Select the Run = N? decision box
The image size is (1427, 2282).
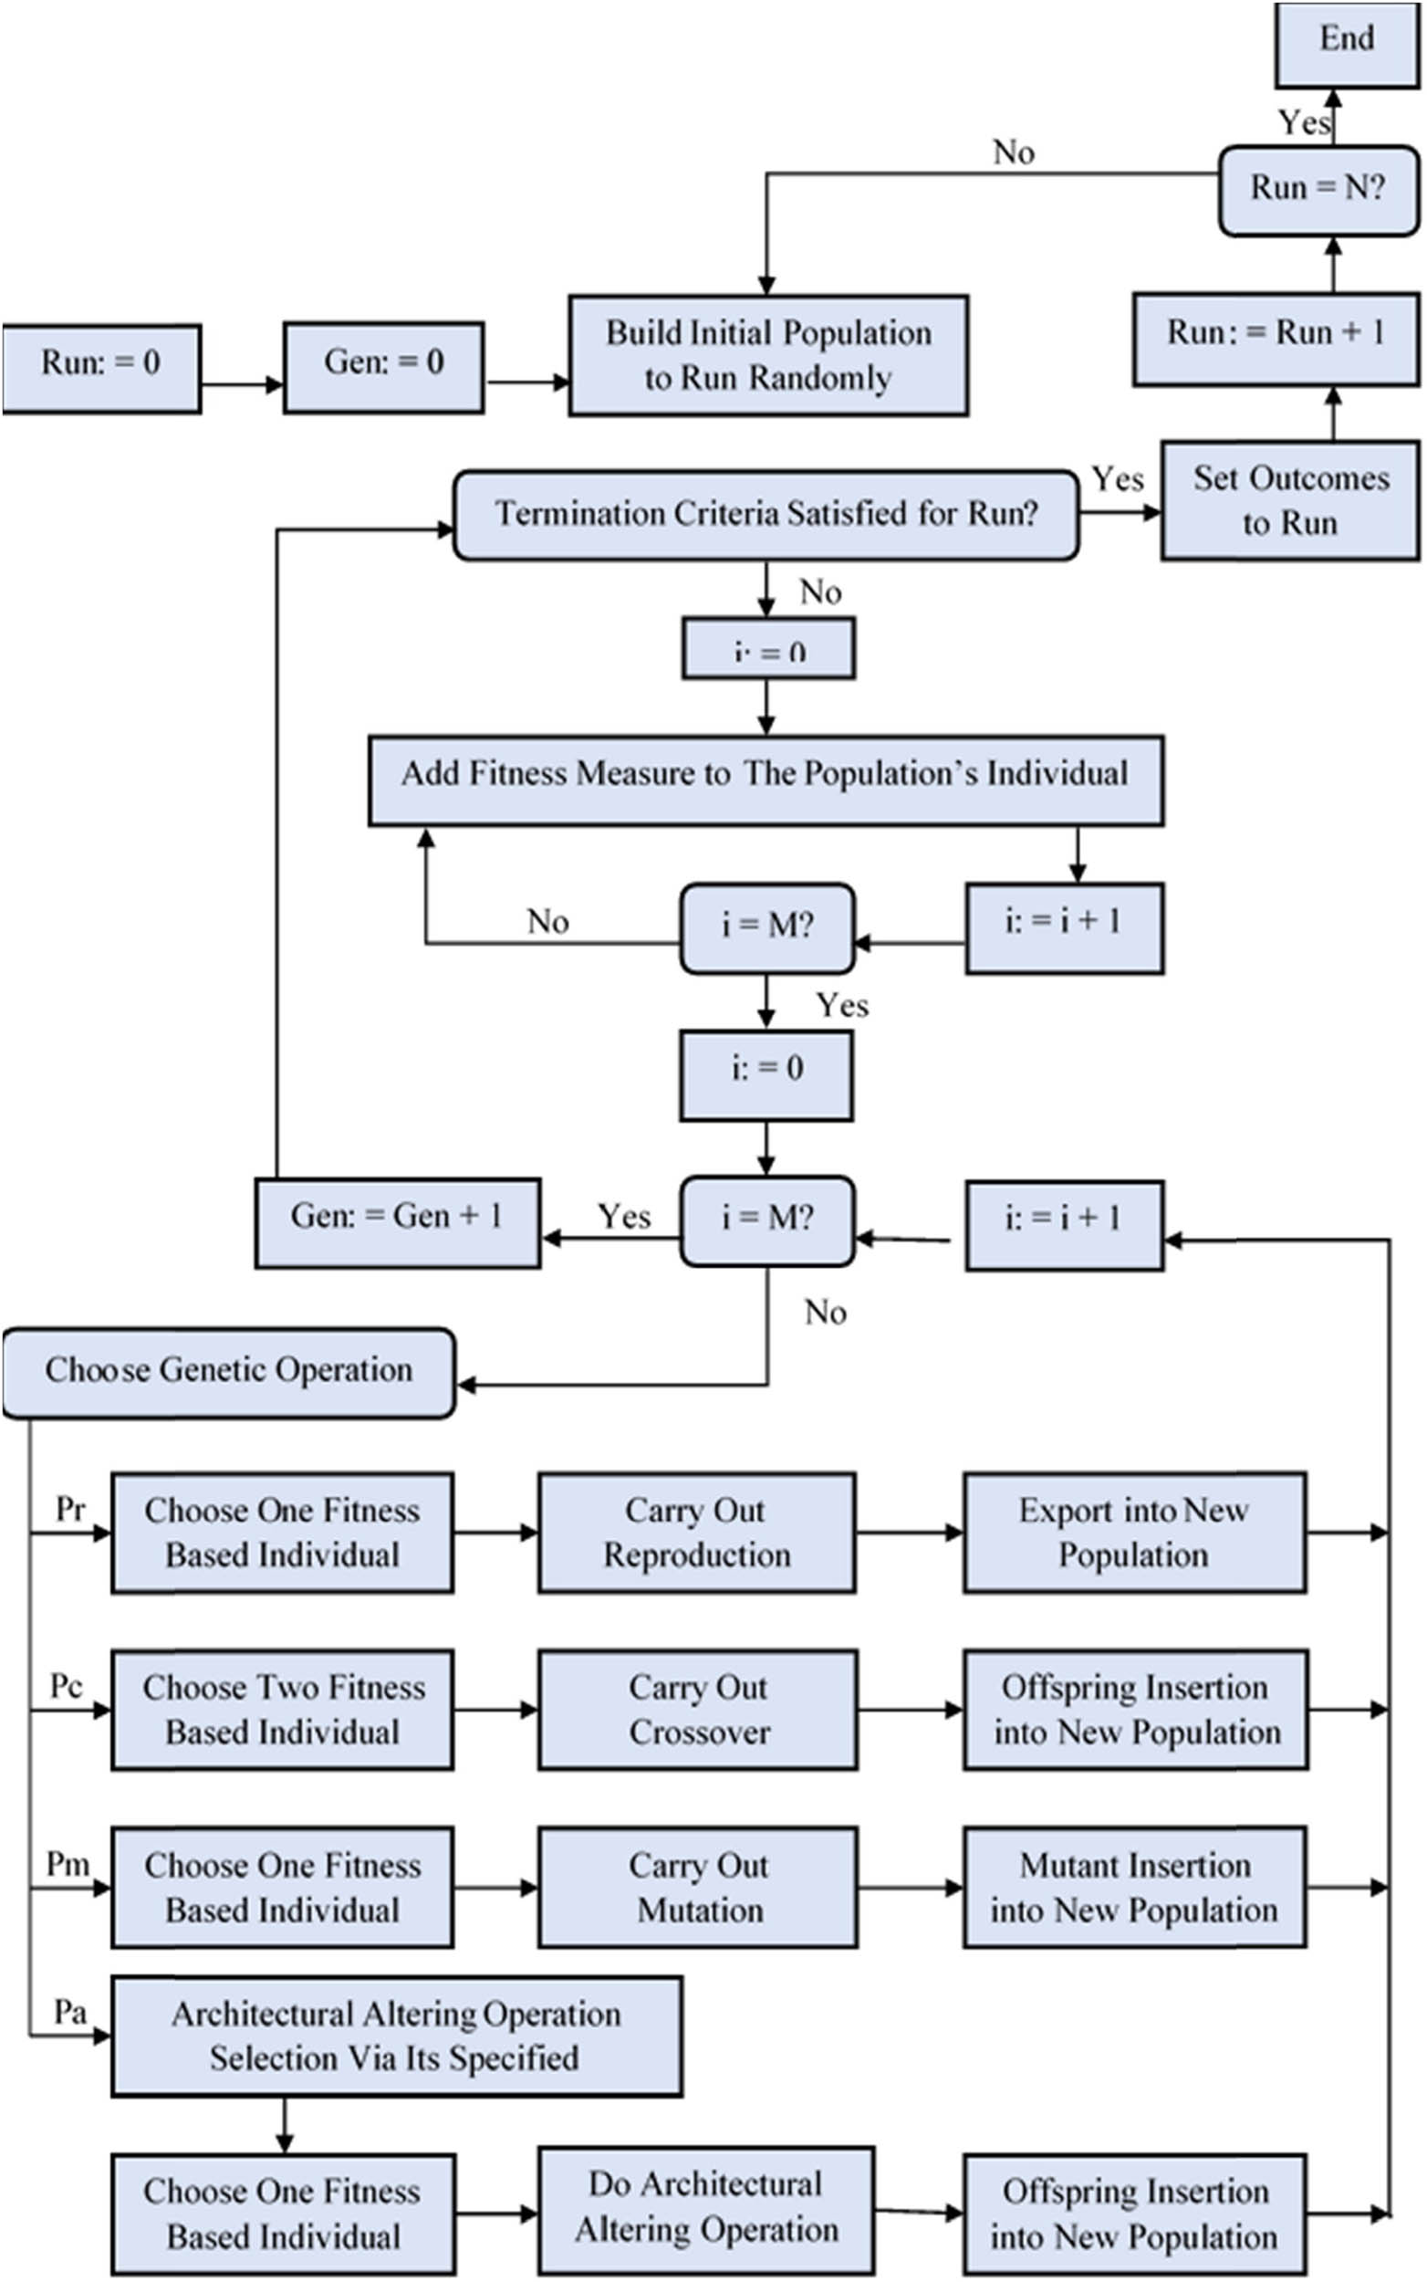point(1318,189)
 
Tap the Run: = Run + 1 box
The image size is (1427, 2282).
point(1275,337)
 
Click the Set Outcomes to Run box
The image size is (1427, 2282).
point(1289,500)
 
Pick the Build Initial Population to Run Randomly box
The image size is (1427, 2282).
point(768,355)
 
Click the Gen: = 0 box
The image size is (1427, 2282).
point(383,366)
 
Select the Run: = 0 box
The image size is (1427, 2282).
point(101,367)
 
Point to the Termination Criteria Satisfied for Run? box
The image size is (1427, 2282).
point(766,515)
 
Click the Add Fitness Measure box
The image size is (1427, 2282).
point(766,779)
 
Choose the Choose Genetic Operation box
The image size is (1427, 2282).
point(228,1372)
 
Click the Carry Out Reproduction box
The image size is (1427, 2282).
point(696,1532)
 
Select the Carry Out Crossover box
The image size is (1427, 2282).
point(697,1709)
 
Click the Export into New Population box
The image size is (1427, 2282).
point(1134,1532)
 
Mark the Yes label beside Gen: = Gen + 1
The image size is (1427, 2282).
point(624,1217)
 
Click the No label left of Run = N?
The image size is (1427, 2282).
point(1013,152)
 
